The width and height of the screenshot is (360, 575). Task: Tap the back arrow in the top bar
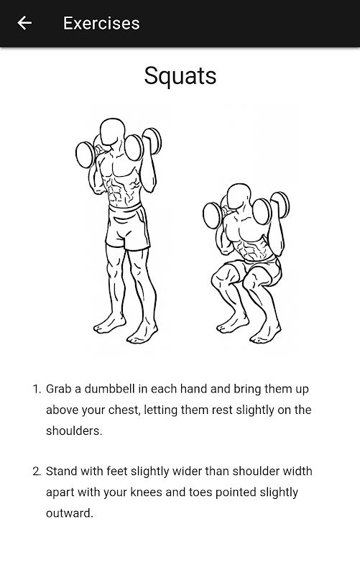pos(24,23)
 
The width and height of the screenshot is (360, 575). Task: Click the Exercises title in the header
pos(101,23)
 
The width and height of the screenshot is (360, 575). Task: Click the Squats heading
pos(180,76)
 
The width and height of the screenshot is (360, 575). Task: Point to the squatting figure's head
pos(239,196)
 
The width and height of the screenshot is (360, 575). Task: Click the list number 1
pos(37,389)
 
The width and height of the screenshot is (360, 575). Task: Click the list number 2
pos(37,471)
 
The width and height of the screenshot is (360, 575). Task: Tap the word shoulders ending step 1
pos(74,431)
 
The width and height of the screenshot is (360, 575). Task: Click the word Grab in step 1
pos(59,389)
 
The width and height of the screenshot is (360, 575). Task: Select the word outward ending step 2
pos(69,513)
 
